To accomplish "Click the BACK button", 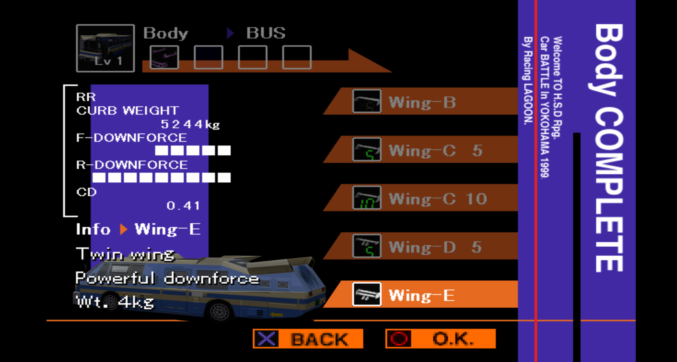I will (x=308, y=339).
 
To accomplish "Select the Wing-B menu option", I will (x=422, y=102).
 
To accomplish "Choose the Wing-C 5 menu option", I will (x=435, y=150).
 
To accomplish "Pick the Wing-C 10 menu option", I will (x=437, y=199).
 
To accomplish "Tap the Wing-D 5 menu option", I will (x=435, y=247).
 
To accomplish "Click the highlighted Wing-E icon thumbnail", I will (x=367, y=294).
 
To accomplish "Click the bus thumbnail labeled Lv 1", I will (x=105, y=48).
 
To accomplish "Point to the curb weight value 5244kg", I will (x=190, y=124).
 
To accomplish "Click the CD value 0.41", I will (x=183, y=205).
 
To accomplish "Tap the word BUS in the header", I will (x=266, y=33).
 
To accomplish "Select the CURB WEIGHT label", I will (x=127, y=111).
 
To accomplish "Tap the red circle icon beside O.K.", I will (x=399, y=339).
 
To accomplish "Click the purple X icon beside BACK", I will (x=266, y=339).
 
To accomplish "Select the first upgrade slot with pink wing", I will (x=164, y=57).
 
